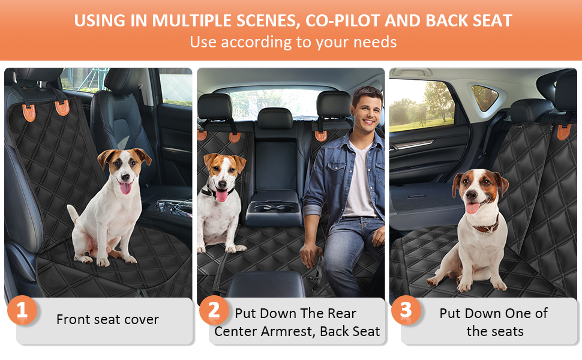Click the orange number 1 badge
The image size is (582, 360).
(22, 311)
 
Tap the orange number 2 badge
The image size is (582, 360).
(214, 311)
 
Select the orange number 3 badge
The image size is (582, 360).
(406, 311)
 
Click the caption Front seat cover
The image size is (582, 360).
(107, 319)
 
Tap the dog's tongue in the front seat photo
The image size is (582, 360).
(125, 188)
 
